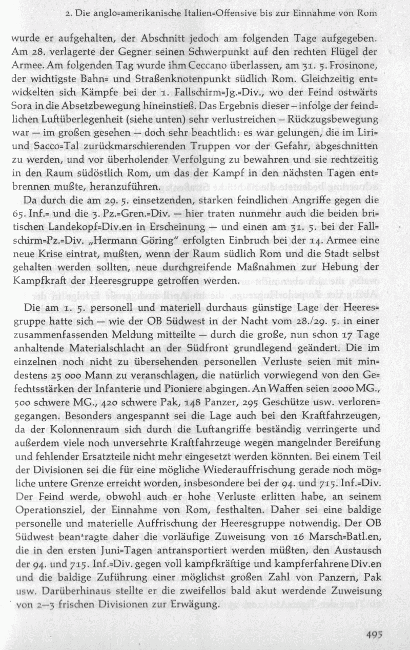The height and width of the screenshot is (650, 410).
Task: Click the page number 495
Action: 375,634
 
